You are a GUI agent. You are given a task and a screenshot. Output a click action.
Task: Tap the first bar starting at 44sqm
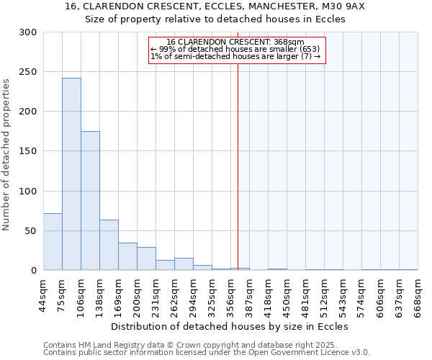click(53, 242)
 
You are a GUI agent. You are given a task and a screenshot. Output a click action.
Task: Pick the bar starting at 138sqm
click(109, 245)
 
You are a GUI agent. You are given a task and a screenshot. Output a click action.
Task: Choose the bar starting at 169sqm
click(127, 256)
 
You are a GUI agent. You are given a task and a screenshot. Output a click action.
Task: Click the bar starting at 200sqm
click(146, 258)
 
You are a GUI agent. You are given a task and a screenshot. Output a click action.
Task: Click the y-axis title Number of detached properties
click(6, 155)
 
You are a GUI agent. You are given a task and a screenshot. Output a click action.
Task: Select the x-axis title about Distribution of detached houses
click(230, 327)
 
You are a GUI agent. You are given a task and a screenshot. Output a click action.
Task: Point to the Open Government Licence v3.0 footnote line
click(207, 353)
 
